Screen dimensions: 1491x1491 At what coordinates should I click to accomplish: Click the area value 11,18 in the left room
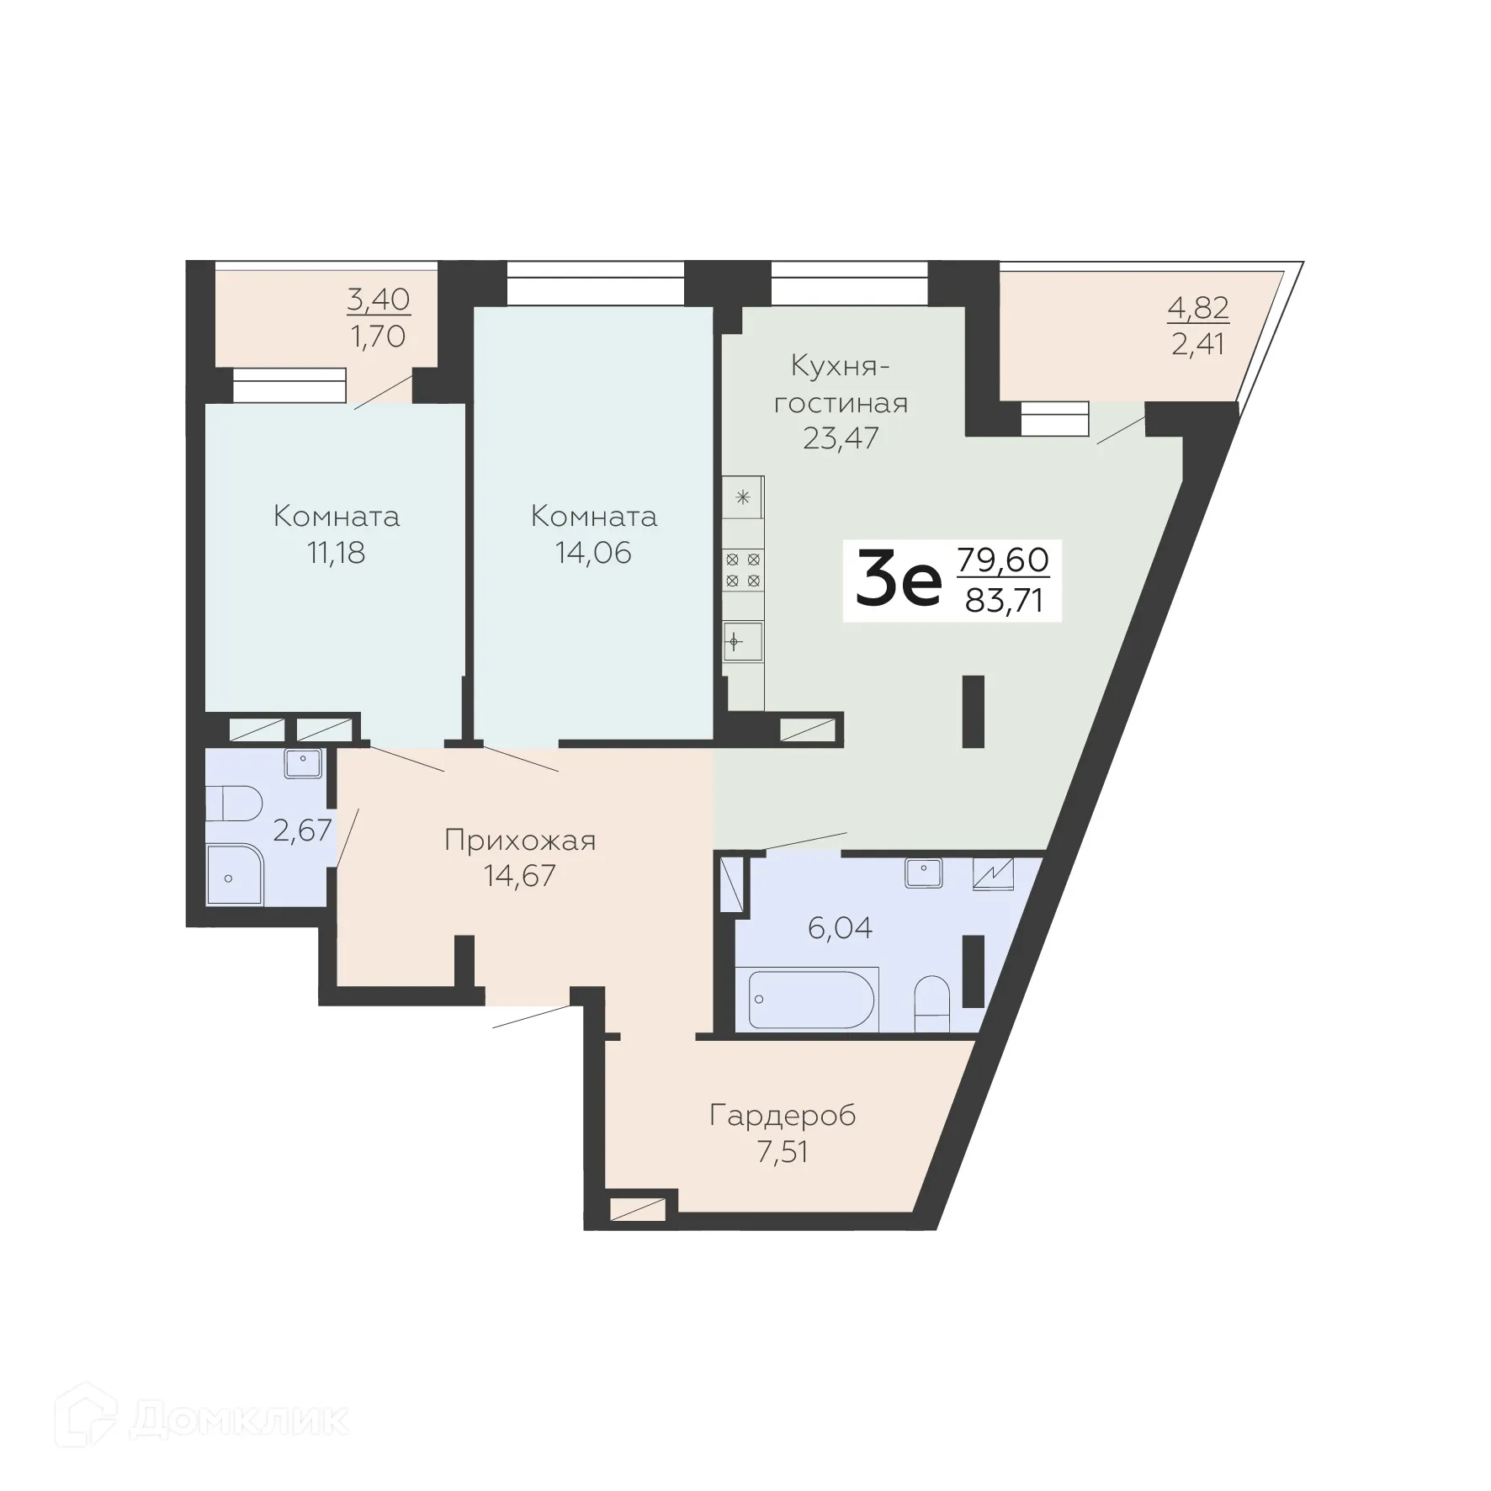pyautogui.click(x=336, y=553)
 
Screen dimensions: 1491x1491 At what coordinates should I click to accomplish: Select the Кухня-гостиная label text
pyautogui.click(x=840, y=385)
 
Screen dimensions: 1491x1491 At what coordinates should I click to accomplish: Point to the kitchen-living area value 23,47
pyautogui.click(x=840, y=438)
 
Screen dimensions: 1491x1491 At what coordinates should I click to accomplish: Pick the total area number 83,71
pyautogui.click(x=1004, y=602)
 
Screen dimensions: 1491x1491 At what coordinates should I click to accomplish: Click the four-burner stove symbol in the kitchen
pyautogui.click(x=744, y=569)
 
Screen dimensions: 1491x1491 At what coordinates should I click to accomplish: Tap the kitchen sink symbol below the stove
pyautogui.click(x=743, y=643)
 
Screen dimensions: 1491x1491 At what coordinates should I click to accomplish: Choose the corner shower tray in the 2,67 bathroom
pyautogui.click(x=233, y=875)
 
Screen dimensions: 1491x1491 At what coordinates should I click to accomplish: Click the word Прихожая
pyautogui.click(x=520, y=840)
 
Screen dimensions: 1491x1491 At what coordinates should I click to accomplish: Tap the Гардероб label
pyautogui.click(x=783, y=1116)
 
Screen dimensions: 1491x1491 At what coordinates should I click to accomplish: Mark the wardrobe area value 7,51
pyautogui.click(x=783, y=1151)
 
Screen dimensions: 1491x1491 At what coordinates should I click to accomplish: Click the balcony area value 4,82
pyautogui.click(x=1198, y=308)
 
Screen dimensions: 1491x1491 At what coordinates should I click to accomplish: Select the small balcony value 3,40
pyautogui.click(x=378, y=298)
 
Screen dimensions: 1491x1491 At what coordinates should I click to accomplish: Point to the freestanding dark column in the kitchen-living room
pyautogui.click(x=974, y=711)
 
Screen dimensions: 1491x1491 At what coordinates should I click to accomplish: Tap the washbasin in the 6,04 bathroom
pyautogui.click(x=924, y=873)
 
